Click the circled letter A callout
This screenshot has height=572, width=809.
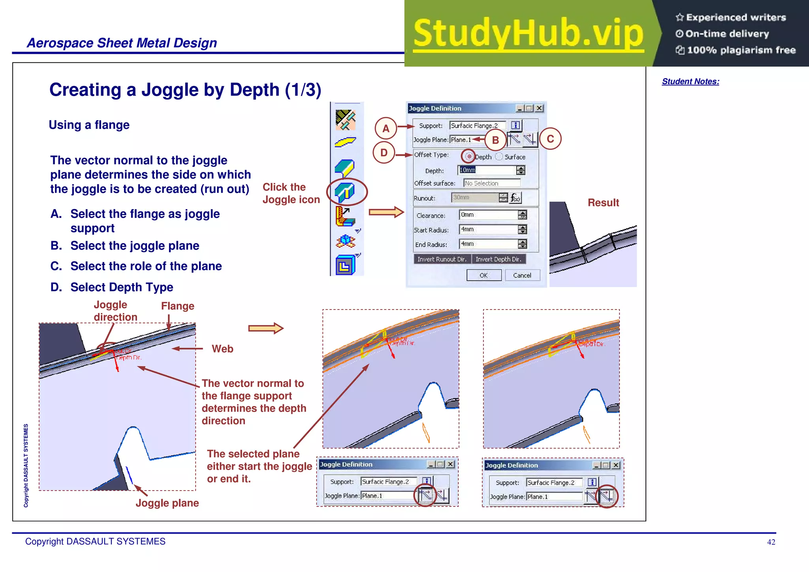(x=386, y=128)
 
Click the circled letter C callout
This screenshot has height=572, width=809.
(x=550, y=139)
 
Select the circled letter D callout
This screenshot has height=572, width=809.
(x=384, y=153)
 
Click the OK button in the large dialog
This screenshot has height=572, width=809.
(x=484, y=275)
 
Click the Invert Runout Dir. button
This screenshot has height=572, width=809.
(x=442, y=259)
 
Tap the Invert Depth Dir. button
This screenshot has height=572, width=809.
(x=498, y=259)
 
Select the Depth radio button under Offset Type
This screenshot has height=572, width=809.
(x=468, y=157)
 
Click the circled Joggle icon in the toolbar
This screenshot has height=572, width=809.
(x=345, y=192)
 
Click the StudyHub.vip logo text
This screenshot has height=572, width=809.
(x=528, y=33)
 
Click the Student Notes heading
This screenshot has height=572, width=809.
(x=690, y=81)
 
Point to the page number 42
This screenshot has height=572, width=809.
(x=771, y=542)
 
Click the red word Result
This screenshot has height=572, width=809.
(x=603, y=203)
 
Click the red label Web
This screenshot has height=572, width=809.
(x=222, y=349)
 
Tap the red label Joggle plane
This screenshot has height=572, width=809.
(x=167, y=503)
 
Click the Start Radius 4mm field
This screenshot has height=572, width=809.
(x=488, y=229)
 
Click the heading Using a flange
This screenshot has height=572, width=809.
(x=89, y=125)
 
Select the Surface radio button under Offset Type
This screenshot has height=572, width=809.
(x=499, y=157)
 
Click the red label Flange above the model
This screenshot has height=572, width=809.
(x=177, y=306)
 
